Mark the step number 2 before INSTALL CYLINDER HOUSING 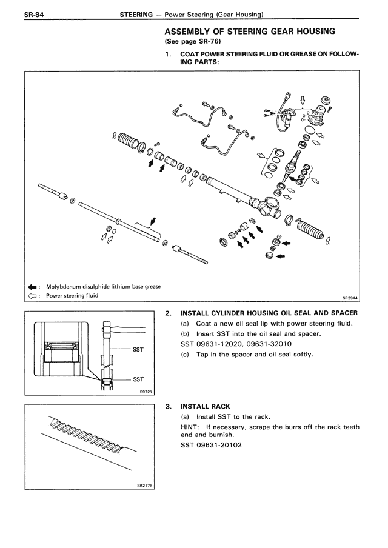[167, 313]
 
